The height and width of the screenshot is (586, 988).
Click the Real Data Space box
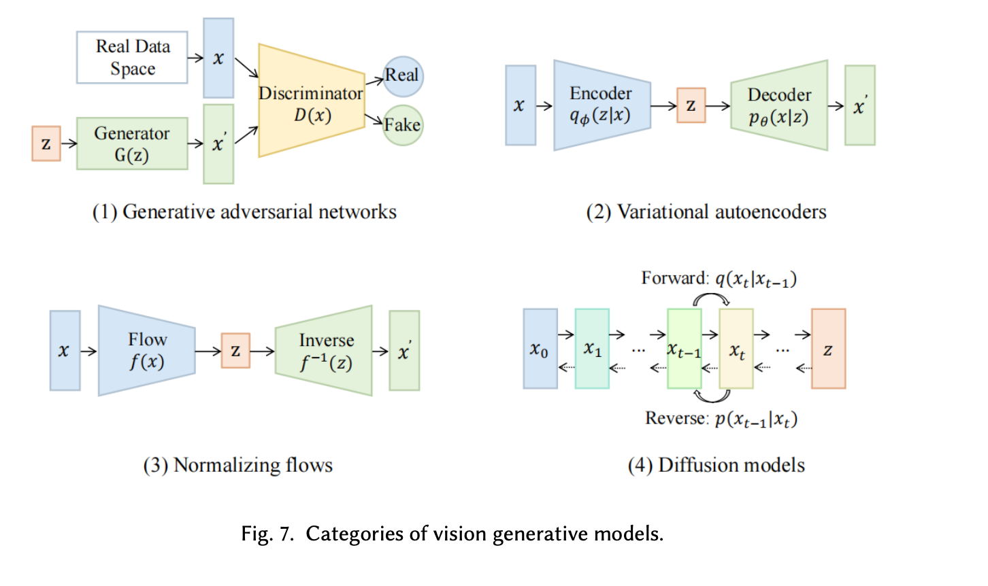(x=132, y=58)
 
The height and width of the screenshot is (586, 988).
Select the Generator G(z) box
(x=132, y=143)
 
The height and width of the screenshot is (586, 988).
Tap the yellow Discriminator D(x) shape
(x=311, y=102)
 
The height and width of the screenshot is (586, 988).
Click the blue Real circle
(x=403, y=75)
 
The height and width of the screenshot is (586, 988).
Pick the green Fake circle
(x=403, y=125)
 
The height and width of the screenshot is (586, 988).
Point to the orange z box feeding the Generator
(x=46, y=144)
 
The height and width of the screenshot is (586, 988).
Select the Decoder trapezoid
(x=779, y=105)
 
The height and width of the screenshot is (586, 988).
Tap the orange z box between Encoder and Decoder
(x=691, y=105)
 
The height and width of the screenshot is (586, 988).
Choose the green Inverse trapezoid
(x=325, y=351)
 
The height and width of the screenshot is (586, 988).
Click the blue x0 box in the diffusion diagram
(x=540, y=349)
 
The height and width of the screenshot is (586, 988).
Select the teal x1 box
(x=592, y=349)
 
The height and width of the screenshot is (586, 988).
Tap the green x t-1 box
(x=684, y=349)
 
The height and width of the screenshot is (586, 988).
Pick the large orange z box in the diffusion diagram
(x=828, y=349)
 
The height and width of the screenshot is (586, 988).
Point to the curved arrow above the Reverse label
(x=712, y=397)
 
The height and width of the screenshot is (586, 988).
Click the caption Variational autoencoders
(x=706, y=212)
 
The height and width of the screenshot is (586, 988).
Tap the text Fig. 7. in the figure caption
(x=267, y=534)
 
